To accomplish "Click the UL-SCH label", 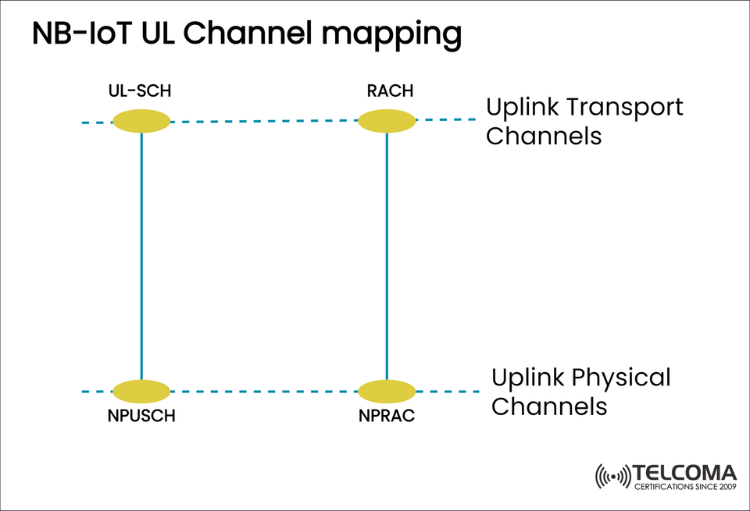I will pos(139,92).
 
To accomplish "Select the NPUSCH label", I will pos(141,416).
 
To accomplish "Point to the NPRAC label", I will pos(387,416).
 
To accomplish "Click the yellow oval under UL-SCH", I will pos(141,121).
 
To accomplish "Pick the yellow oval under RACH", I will pos(387,121).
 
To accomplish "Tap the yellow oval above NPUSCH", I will pos(141,391).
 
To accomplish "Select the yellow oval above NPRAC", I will pos(387,391).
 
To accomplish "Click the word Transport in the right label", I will pos(625,107).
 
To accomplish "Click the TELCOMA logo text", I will pos(685,473).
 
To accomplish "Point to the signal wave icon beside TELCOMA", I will pos(612,476).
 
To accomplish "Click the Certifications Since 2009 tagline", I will pos(685,488).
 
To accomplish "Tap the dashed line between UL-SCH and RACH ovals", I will pos(264,121).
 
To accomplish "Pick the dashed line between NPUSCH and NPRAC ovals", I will pos(264,391).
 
